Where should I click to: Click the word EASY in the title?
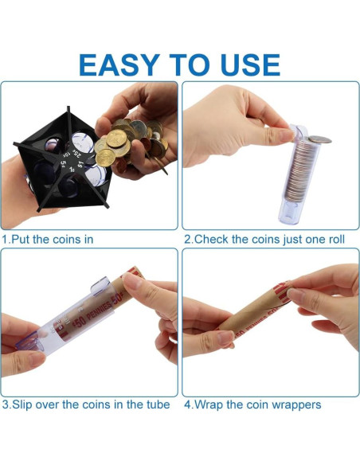click(x=119, y=65)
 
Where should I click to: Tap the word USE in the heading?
click(x=250, y=65)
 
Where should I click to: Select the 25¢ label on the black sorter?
click(x=76, y=154)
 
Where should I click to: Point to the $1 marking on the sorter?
click(x=80, y=163)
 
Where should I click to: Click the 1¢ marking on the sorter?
click(x=72, y=170)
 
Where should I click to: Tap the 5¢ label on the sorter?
click(x=63, y=163)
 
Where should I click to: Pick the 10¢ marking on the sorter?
click(x=67, y=154)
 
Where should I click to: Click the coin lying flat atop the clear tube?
click(x=319, y=139)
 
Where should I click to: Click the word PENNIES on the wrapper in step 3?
click(x=99, y=311)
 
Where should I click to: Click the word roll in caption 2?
click(x=335, y=240)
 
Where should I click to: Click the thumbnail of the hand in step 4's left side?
click(x=208, y=329)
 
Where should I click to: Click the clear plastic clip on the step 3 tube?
click(x=101, y=286)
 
